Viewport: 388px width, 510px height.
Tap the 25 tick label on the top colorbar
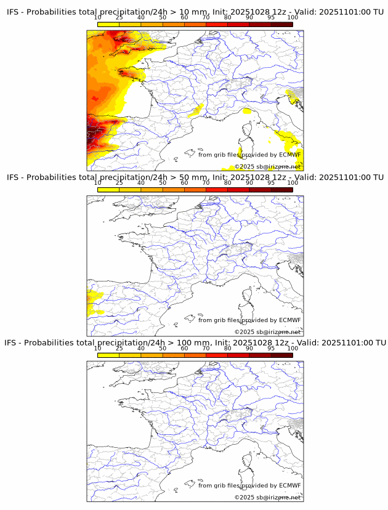[119, 18]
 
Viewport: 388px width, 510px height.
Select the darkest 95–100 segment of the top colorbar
[281, 24]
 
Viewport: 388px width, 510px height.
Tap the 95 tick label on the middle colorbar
[271, 183]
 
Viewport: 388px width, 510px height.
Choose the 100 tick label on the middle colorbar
[293, 183]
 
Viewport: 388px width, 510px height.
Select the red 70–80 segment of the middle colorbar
[217, 189]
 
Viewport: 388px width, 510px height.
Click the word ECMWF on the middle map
[289, 320]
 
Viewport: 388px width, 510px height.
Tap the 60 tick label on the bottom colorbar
[184, 349]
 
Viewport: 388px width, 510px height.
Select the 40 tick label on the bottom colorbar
[141, 349]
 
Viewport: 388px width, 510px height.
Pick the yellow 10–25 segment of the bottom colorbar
[108, 355]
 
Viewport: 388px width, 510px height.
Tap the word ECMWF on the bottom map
[289, 485]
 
